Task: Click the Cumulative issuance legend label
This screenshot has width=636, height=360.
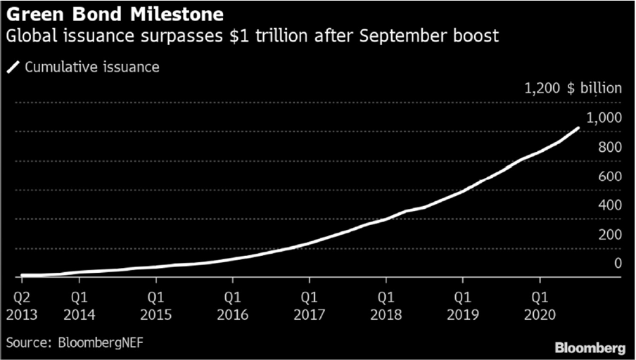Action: pyautogui.click(x=92, y=67)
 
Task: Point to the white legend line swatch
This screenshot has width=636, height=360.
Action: pyautogui.click(x=13, y=67)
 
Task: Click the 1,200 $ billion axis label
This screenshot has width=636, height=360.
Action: pyautogui.click(x=573, y=89)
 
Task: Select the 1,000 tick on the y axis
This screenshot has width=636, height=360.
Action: pyautogui.click(x=605, y=118)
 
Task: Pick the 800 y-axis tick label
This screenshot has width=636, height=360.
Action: pyautogui.click(x=609, y=148)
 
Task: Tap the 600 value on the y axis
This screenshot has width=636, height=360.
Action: pyautogui.click(x=609, y=177)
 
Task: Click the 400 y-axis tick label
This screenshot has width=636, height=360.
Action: pyautogui.click(x=609, y=205)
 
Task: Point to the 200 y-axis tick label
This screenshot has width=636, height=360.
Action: pyautogui.click(x=609, y=235)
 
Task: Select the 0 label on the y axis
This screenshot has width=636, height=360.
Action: pyautogui.click(x=617, y=264)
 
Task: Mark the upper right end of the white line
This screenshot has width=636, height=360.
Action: pyautogui.click(x=578, y=128)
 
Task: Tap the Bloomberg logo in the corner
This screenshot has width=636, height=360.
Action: pyautogui.click(x=590, y=347)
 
